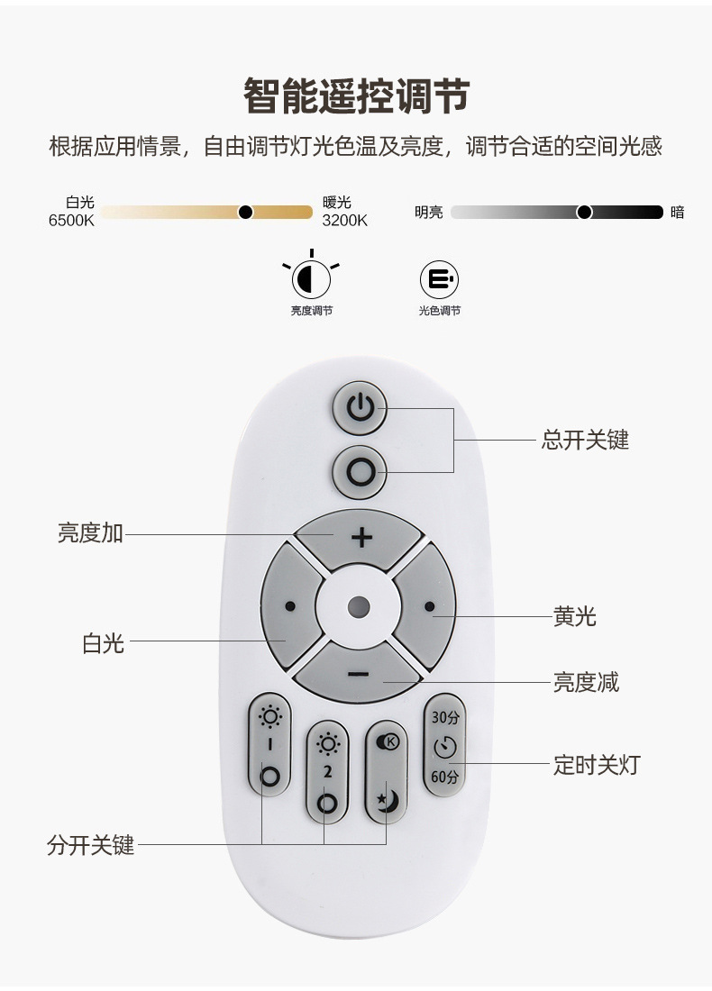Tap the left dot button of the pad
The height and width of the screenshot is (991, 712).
pos(289,606)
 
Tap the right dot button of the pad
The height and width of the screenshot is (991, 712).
pos(429,606)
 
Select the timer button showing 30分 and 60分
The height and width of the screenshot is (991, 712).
pos(444,745)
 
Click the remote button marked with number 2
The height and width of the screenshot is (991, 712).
pos(327,772)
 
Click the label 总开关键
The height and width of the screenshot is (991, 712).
pos(585,440)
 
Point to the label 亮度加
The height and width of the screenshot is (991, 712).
pos(90,533)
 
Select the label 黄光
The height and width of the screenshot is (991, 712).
pos(574,617)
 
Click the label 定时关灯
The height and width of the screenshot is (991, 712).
pos(596,766)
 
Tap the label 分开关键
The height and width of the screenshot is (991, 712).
pos(90,846)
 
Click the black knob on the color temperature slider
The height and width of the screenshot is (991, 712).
pos(245,213)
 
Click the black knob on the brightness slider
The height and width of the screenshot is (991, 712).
pos(584,213)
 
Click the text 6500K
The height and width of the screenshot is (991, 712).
pos(71,221)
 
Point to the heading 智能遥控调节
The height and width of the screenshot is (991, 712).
pos(356,95)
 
